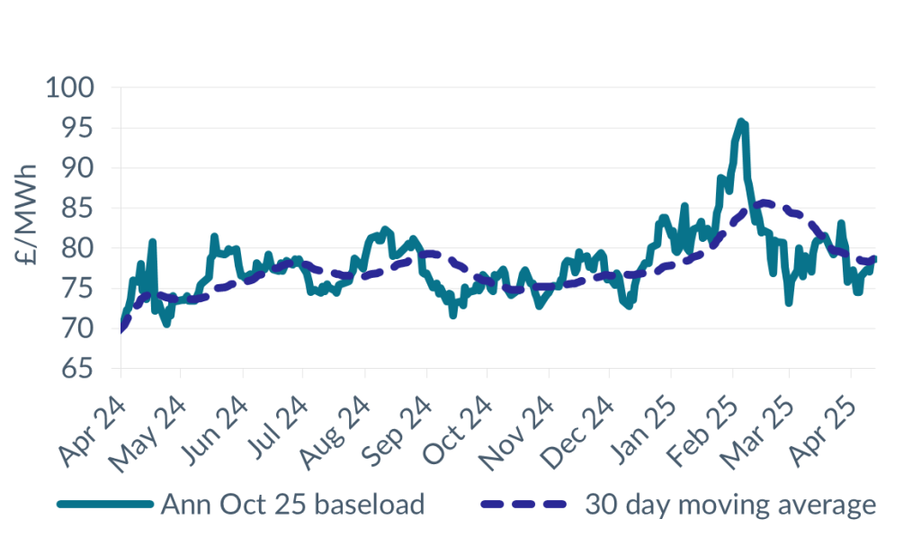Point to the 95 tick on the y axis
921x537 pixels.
[x=76, y=129]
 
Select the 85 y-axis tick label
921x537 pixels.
[x=76, y=209]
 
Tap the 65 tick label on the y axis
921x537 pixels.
[x=76, y=370]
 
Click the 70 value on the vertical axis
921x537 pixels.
[x=76, y=329]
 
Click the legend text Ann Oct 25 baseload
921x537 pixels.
[x=291, y=505]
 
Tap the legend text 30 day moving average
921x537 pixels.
[x=729, y=505]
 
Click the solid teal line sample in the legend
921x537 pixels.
[x=104, y=505]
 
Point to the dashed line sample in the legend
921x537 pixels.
[x=526, y=505]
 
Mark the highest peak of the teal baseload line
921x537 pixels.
[x=741, y=121]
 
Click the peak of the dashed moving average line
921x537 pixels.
[x=763, y=202]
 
